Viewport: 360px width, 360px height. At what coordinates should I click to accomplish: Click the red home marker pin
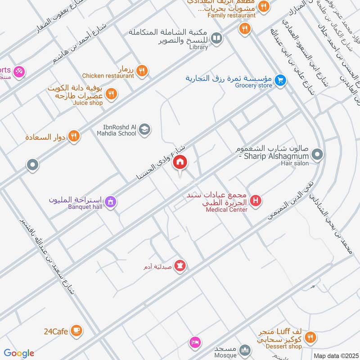pyautogui.click(x=180, y=162)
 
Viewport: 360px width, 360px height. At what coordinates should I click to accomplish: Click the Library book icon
pyautogui.click(x=216, y=39)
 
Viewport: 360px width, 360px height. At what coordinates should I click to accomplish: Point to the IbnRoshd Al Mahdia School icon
pyautogui.click(x=144, y=130)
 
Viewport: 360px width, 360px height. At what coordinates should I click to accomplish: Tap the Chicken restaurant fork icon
pyautogui.click(x=142, y=71)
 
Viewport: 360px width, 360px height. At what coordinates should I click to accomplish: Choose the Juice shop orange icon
pyautogui.click(x=111, y=94)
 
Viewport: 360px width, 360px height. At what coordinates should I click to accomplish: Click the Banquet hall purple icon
pyautogui.click(x=111, y=202)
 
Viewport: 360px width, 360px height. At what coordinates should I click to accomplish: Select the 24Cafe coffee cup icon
pyautogui.click(x=76, y=331)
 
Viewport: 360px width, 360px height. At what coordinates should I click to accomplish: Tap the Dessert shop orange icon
pyautogui.click(x=310, y=337)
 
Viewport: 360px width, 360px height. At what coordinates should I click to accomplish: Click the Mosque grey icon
pyautogui.click(x=245, y=350)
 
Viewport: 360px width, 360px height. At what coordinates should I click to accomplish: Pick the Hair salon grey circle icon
pyautogui.click(x=318, y=155)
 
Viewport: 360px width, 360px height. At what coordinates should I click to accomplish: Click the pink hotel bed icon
pyautogui.click(x=194, y=342)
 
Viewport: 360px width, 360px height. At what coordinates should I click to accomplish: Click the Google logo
pyautogui.click(x=19, y=353)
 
